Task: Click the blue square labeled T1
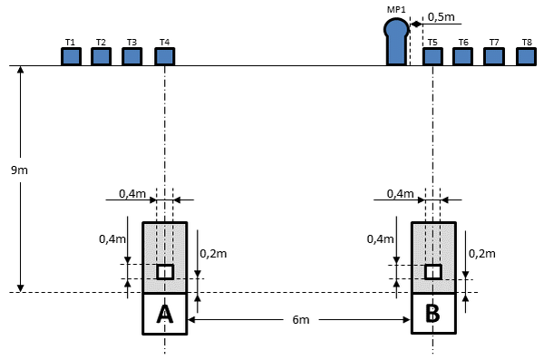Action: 71,56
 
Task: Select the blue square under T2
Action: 101,56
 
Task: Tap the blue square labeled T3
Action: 131,56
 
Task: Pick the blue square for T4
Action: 164,56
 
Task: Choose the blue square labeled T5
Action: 432,56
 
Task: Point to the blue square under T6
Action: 462,56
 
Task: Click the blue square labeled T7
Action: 494,56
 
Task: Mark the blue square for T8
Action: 526,56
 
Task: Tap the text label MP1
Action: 396,9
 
